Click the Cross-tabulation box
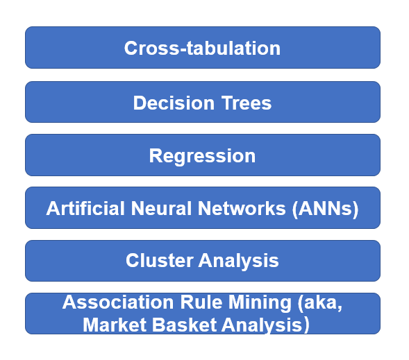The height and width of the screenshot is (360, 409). [203, 47]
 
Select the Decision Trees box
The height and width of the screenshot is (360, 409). [203, 102]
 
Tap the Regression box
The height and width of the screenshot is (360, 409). [203, 155]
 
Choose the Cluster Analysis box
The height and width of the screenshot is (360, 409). [203, 261]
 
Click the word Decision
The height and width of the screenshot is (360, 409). [174, 103]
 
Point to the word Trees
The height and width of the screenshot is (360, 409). [247, 103]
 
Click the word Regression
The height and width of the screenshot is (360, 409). [202, 157]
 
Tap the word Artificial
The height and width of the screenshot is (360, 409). [85, 208]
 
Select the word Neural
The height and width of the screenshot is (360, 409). [162, 208]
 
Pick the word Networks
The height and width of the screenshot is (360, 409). [242, 208]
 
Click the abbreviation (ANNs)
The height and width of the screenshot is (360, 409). [325, 209]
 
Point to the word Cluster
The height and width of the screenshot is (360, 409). [160, 260]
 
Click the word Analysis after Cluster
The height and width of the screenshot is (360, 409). [239, 262]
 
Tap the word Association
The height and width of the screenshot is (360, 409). [118, 302]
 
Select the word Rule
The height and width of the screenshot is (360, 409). [201, 302]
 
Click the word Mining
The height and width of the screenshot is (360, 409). [260, 303]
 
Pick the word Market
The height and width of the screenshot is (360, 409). [115, 325]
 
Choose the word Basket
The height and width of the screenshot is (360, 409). [185, 325]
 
